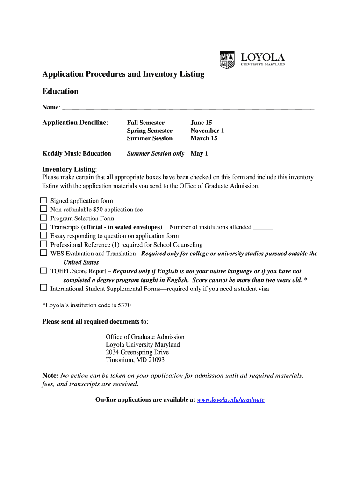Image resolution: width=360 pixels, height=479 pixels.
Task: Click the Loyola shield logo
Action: click(x=227, y=60)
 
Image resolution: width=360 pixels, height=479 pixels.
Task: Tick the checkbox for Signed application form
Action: click(x=43, y=200)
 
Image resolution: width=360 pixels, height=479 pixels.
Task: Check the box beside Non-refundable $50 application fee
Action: click(x=43, y=209)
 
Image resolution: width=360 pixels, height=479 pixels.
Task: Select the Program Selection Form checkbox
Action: click(x=43, y=218)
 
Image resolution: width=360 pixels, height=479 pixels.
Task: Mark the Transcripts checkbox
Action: click(x=43, y=227)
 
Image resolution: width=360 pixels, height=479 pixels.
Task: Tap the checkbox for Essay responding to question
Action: click(x=43, y=235)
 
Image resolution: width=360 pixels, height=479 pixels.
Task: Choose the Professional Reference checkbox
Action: click(x=43, y=244)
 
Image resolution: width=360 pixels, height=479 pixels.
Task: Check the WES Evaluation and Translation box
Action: click(x=43, y=253)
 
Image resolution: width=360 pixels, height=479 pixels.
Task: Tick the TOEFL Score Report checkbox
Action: click(x=43, y=270)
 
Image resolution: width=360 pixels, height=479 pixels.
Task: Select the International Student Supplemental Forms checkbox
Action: click(x=43, y=288)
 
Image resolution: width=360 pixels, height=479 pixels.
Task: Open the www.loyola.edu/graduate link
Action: click(x=231, y=400)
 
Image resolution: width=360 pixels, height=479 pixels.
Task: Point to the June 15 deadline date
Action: click(x=201, y=123)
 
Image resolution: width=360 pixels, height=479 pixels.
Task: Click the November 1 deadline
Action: click(x=207, y=131)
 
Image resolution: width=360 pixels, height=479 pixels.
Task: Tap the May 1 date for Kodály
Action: click(x=199, y=153)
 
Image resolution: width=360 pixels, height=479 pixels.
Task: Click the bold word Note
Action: click(x=50, y=376)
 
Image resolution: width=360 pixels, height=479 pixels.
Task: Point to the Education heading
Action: click(x=60, y=91)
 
